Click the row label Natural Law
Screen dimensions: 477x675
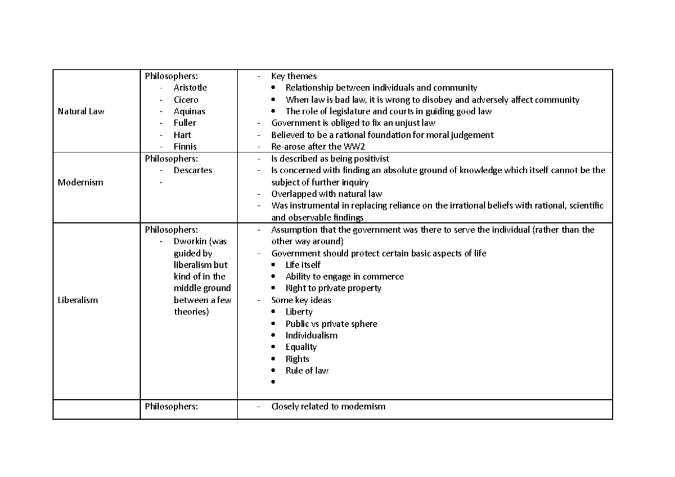(81, 111)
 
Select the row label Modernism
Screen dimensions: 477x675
(80, 182)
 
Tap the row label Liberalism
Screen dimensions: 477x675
(78, 300)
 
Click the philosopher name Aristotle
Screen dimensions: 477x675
(190, 88)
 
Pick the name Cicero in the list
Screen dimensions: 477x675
(186, 100)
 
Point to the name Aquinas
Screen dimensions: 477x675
(189, 111)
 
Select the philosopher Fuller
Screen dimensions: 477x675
(185, 123)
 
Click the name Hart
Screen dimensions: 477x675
(182, 135)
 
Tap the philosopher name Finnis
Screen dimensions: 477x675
(185, 147)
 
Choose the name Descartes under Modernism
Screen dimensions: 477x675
(192, 170)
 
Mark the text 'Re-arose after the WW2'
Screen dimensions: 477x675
(318, 147)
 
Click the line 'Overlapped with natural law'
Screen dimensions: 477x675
(326, 193)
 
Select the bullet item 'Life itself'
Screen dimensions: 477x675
(303, 264)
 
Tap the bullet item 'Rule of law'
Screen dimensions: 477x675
(307, 371)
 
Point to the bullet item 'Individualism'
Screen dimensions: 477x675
(311, 335)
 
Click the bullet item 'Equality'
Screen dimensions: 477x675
(301, 347)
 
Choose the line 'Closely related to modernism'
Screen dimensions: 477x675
(328, 406)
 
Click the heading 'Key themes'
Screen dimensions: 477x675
(294, 76)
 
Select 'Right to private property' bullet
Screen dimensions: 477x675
(333, 288)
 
